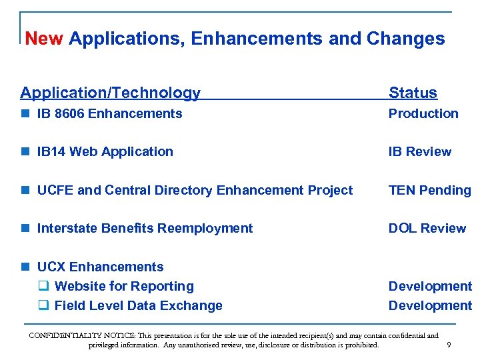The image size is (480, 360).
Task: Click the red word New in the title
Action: click(43, 39)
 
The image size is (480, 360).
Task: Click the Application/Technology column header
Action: click(110, 93)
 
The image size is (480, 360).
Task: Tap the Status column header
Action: click(413, 93)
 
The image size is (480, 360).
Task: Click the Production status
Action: click(423, 113)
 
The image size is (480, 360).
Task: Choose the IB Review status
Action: click(420, 151)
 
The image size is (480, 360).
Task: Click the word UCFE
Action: click(55, 190)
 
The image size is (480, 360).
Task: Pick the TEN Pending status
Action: click(429, 190)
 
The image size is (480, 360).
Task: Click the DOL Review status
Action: click(427, 228)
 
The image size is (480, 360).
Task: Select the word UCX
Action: click(51, 267)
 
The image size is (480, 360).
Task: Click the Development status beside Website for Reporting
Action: click(430, 286)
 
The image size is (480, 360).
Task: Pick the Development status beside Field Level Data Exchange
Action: click(430, 305)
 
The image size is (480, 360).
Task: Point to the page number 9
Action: click(449, 345)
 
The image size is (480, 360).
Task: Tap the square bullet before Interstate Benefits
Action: click(25, 229)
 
